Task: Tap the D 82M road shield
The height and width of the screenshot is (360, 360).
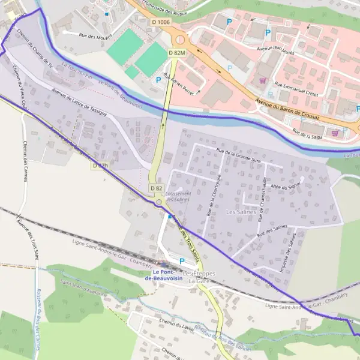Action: (x=177, y=53)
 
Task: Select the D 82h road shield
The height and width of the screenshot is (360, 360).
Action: (x=101, y=165)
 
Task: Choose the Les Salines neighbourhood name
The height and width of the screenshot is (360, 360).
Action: (x=241, y=212)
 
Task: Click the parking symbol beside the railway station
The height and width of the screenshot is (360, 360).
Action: (x=181, y=260)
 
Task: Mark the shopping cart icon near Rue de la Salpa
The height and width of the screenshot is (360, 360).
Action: (x=335, y=133)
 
